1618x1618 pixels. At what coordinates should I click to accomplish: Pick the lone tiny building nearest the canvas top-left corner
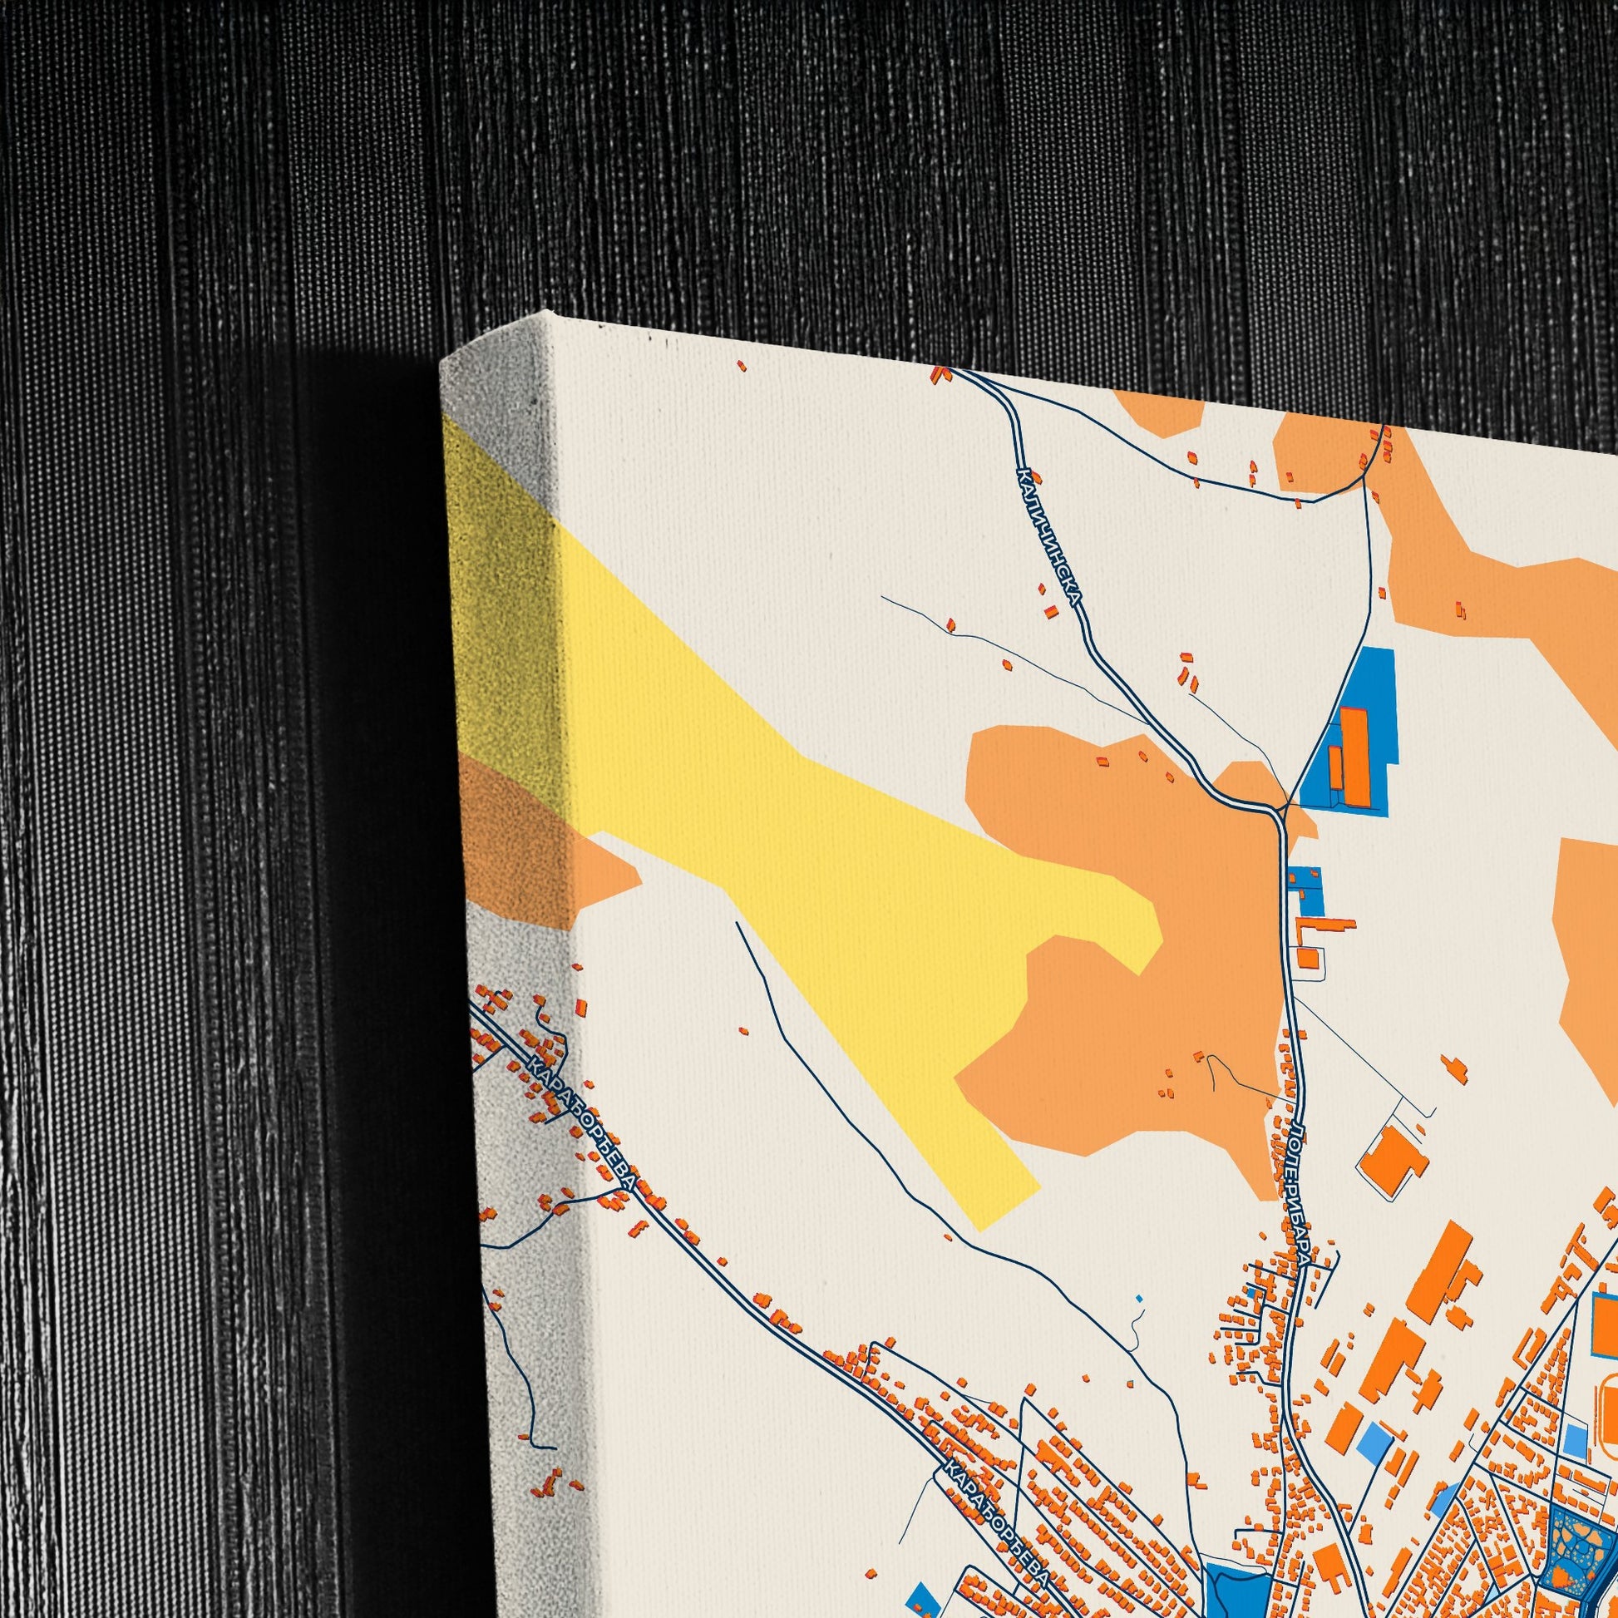pos(741,365)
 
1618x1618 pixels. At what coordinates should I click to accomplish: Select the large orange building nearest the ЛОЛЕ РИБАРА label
pos(1392,1162)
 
